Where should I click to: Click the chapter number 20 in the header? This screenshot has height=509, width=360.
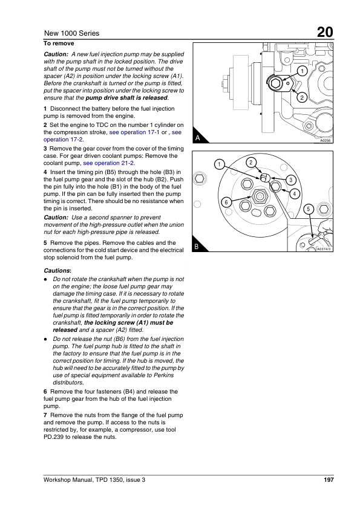(x=325, y=33)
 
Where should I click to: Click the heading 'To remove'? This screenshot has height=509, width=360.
(x=59, y=44)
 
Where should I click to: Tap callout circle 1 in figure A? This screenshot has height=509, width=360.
(x=302, y=71)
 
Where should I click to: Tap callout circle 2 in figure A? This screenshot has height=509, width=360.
(x=302, y=97)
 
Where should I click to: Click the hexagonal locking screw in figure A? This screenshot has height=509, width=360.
(x=275, y=83)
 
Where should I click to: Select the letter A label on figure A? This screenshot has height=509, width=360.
(x=197, y=138)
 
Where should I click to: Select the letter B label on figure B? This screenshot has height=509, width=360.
(x=197, y=247)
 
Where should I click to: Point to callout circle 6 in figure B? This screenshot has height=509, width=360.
(x=226, y=203)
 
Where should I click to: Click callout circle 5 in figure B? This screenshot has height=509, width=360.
(x=309, y=209)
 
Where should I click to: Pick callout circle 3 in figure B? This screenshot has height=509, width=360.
(x=290, y=180)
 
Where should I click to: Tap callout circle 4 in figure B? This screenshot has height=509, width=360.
(x=295, y=194)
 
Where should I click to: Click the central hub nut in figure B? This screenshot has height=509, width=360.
(x=260, y=196)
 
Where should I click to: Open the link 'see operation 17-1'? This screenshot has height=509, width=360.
(x=134, y=132)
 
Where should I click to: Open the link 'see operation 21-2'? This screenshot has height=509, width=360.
(x=108, y=163)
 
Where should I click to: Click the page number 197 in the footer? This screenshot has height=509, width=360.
(x=329, y=480)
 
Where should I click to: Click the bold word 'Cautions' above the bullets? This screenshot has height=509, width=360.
(x=57, y=271)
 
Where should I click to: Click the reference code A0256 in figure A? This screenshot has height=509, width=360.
(x=326, y=141)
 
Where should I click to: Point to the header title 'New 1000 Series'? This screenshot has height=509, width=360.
(x=71, y=33)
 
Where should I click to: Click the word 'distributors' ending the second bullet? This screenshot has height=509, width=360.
(x=68, y=383)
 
